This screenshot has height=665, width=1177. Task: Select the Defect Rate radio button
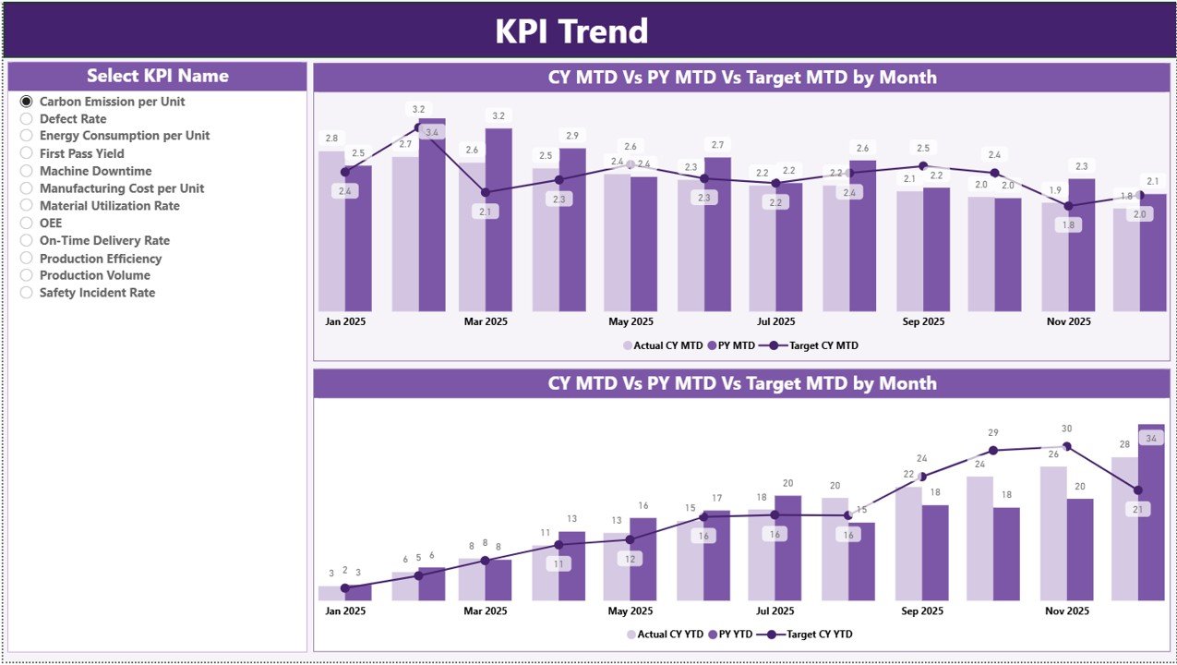pos(27,119)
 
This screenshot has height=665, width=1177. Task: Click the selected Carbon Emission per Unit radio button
pos(27,102)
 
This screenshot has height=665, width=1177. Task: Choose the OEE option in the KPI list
pos(27,223)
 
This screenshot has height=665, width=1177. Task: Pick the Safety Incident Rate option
pos(27,293)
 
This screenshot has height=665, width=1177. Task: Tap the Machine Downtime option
pos(27,171)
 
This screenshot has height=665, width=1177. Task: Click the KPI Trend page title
pos(571,31)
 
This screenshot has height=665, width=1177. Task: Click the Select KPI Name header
pos(157,77)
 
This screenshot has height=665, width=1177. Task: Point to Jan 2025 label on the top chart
pos(345,322)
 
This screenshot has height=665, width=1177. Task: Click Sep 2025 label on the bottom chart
pos(922,611)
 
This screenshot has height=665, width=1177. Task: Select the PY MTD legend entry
pos(731,345)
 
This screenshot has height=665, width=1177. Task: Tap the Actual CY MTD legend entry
pos(663,345)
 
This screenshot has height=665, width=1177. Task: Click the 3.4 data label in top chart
pos(431,133)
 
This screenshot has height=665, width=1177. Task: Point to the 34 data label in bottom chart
pos(1151,439)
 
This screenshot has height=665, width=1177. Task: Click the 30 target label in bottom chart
pos(1067,429)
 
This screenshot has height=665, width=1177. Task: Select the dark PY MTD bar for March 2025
pos(498,222)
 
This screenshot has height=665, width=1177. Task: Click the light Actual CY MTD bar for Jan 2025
pos(331,231)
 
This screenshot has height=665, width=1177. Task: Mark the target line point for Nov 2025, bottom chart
pos(1067,446)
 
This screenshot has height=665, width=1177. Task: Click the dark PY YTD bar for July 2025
pos(788,550)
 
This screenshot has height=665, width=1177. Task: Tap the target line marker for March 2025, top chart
pos(486,192)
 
